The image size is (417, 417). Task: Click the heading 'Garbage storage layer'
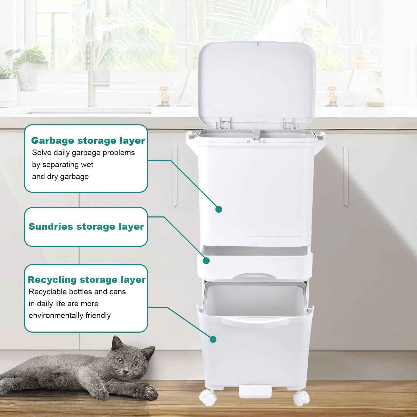pyautogui.click(x=88, y=141)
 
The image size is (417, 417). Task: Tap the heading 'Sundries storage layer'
pyautogui.click(x=86, y=226)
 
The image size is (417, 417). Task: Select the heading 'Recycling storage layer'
pyautogui.click(x=86, y=280)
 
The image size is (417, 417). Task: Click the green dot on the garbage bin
pyautogui.click(x=219, y=209)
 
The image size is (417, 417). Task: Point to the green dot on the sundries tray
pyautogui.click(x=206, y=261)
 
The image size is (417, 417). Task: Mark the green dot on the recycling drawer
pyautogui.click(x=213, y=339)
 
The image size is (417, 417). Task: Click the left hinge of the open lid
pyautogui.click(x=225, y=123)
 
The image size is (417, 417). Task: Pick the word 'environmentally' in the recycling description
pyautogui.click(x=56, y=315)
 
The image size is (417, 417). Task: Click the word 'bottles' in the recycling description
pyautogui.click(x=80, y=292)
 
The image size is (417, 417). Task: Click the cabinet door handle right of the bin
pyautogui.click(x=346, y=176)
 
